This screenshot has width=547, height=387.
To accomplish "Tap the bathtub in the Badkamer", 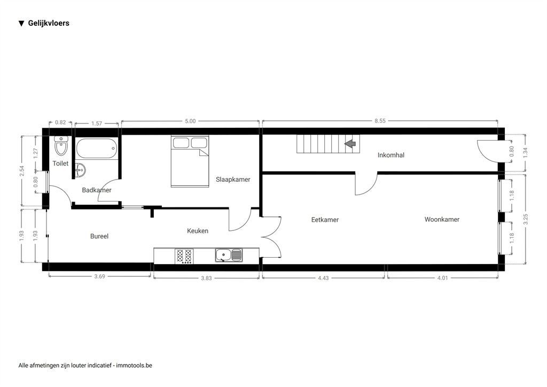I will pyautogui.click(x=96, y=148).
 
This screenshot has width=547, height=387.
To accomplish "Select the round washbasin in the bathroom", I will pyautogui.click(x=80, y=171).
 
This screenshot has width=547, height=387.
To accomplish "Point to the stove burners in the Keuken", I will pyautogui.click(x=184, y=256).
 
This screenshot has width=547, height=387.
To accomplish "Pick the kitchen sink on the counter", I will pyautogui.click(x=229, y=256).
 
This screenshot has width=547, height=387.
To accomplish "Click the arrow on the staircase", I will pyautogui.click(x=350, y=143).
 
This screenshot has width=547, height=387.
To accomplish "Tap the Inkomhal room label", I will pyautogui.click(x=390, y=156).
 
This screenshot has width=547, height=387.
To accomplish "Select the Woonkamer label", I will pyautogui.click(x=442, y=219).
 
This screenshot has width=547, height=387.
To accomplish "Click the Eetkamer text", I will pyautogui.click(x=325, y=220).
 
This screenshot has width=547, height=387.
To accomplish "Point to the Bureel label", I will pyautogui.click(x=99, y=236).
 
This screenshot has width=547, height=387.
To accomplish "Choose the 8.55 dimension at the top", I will pyautogui.click(x=380, y=121).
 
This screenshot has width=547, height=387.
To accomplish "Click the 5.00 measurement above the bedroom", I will pyautogui.click(x=190, y=121).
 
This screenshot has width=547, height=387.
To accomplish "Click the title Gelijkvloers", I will pyautogui.click(x=49, y=23).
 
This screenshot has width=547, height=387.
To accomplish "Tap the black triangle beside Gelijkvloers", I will pyautogui.click(x=21, y=24).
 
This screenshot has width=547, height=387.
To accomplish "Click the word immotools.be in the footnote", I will pyautogui.click(x=134, y=366).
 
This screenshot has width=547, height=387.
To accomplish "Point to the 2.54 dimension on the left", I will pyautogui.click(x=21, y=171).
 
